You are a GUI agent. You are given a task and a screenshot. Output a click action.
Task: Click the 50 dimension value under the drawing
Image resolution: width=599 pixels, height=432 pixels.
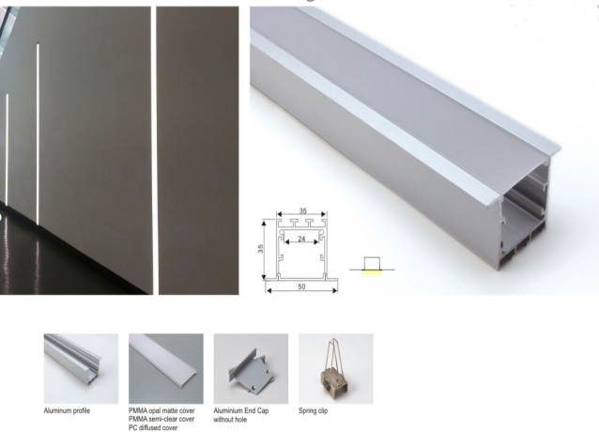tap(301, 286)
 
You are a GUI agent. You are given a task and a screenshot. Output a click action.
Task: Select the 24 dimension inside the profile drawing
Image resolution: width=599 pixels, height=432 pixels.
tap(301, 239)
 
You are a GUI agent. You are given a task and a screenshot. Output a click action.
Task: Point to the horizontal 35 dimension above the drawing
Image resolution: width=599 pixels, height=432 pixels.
tap(302, 211)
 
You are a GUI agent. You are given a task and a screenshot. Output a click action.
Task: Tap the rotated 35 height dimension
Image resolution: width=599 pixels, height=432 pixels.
tap(260, 249)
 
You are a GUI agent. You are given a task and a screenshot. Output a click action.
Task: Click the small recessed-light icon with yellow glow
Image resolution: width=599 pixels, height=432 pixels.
tap(372, 266)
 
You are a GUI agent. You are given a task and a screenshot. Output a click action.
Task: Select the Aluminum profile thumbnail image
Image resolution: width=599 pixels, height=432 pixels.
tap(81, 368)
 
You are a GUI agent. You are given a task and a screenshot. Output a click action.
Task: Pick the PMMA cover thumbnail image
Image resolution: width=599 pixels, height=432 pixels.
tap(166, 368)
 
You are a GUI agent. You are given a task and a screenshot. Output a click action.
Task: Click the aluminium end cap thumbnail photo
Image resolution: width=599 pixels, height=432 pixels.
tap(251, 368)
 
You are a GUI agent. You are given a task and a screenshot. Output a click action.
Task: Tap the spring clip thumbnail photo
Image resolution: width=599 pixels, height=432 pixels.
tap(336, 368)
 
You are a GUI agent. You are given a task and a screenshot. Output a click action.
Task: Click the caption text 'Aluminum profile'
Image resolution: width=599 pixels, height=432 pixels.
tap(67, 411)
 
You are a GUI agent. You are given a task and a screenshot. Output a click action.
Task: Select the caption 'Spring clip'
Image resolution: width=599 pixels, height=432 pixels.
tap(313, 411)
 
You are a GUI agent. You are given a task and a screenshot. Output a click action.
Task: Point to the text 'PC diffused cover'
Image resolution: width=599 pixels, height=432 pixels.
tap(153, 428)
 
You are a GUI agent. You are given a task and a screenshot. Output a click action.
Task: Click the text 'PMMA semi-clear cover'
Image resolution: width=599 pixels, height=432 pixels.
tap(161, 420)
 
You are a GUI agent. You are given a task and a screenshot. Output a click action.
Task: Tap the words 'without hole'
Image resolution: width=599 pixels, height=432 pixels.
tap(230, 420)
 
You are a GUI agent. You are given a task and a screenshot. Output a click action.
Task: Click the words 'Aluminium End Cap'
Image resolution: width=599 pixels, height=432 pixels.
tap(241, 411)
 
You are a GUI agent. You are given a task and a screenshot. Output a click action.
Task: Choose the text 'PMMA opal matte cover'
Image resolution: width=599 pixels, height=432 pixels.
tap(161, 411)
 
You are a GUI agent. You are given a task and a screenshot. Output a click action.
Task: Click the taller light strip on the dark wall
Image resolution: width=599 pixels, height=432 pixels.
tap(38, 134)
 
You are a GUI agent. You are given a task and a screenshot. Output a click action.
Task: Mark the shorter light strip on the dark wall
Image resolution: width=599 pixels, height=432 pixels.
tap(7, 149)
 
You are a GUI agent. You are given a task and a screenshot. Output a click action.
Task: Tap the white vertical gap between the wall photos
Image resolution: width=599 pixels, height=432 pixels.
tap(154, 150)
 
